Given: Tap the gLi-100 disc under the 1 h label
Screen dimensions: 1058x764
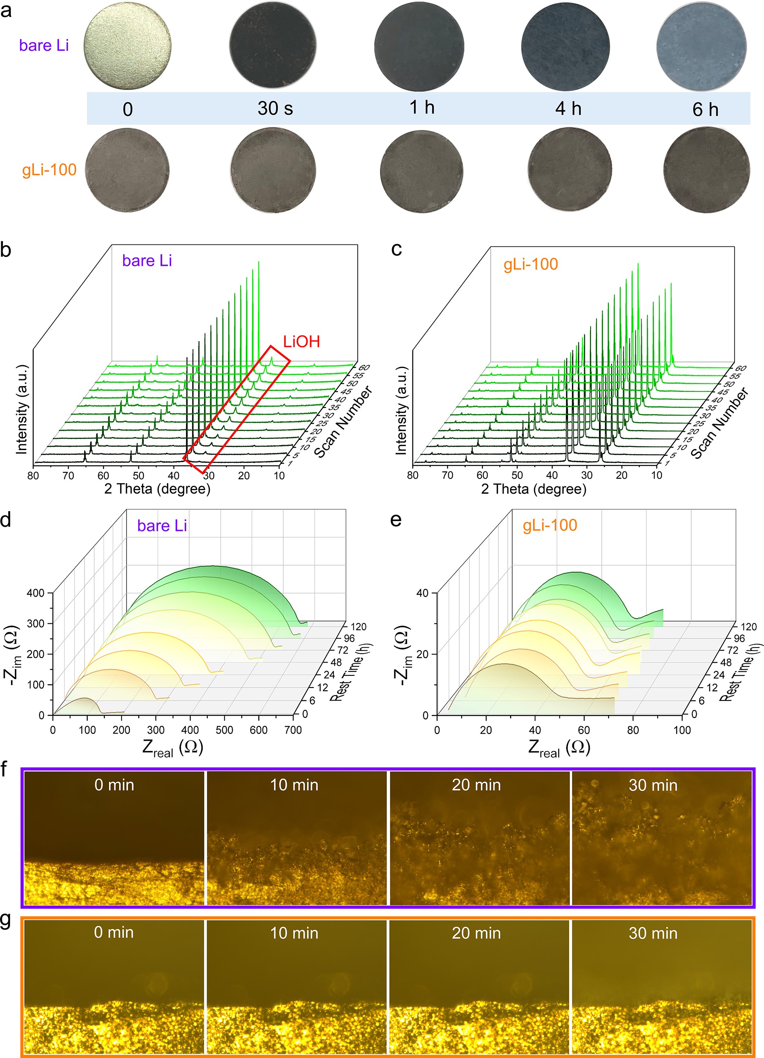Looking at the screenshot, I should pyautogui.click(x=422, y=171).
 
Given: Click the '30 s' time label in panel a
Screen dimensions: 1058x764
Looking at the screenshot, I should pyautogui.click(x=275, y=109).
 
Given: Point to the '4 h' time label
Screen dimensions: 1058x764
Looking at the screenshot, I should pyautogui.click(x=568, y=109).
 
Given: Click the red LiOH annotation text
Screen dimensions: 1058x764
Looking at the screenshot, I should pyautogui.click(x=302, y=341).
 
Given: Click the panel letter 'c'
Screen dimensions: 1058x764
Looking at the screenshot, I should pyautogui.click(x=396, y=249).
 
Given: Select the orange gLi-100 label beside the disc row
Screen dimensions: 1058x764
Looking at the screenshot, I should pyautogui.click(x=49, y=170).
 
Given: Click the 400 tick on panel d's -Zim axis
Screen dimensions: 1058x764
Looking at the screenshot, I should pyautogui.click(x=36, y=593).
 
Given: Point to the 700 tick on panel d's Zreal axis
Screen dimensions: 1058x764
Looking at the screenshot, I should pyautogui.click(x=293, y=730).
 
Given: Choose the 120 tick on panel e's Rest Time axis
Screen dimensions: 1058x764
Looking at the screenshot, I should pyautogui.click(x=749, y=627).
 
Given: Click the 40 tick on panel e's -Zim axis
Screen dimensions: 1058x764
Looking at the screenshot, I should pyautogui.click(x=422, y=593).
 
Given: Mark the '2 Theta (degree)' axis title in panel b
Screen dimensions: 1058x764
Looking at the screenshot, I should pyautogui.click(x=157, y=489).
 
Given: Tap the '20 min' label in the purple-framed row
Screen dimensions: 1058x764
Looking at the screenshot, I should pyautogui.click(x=476, y=785).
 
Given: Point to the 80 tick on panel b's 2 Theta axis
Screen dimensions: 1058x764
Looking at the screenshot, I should pyautogui.click(x=33, y=476).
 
